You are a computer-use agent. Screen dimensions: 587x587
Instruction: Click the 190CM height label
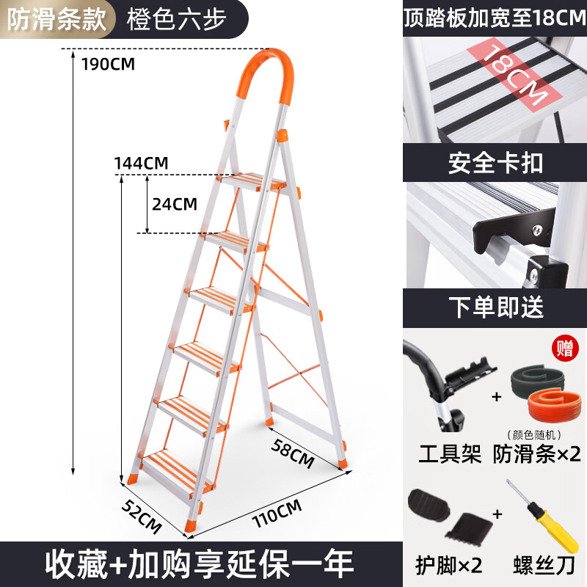click(108, 64)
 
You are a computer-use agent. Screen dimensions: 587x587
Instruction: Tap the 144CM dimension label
click(141, 163)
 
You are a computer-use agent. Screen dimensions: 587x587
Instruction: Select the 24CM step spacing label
click(175, 204)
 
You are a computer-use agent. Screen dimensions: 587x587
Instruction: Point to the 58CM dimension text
click(292, 453)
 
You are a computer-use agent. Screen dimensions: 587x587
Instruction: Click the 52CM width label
click(142, 517)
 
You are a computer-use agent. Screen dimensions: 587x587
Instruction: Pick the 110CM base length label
click(277, 513)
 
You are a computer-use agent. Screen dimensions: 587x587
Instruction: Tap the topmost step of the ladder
click(252, 182)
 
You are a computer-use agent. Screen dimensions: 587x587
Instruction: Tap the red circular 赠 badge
click(565, 348)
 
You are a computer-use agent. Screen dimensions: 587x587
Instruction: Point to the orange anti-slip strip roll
click(549, 405)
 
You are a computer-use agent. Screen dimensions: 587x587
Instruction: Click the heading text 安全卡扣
click(495, 163)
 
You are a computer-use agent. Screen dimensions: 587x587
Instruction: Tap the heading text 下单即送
click(496, 307)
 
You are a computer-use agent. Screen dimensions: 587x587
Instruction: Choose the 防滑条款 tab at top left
click(57, 19)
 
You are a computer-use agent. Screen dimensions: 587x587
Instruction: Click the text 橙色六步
click(177, 19)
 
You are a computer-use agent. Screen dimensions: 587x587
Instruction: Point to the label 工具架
click(450, 454)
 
